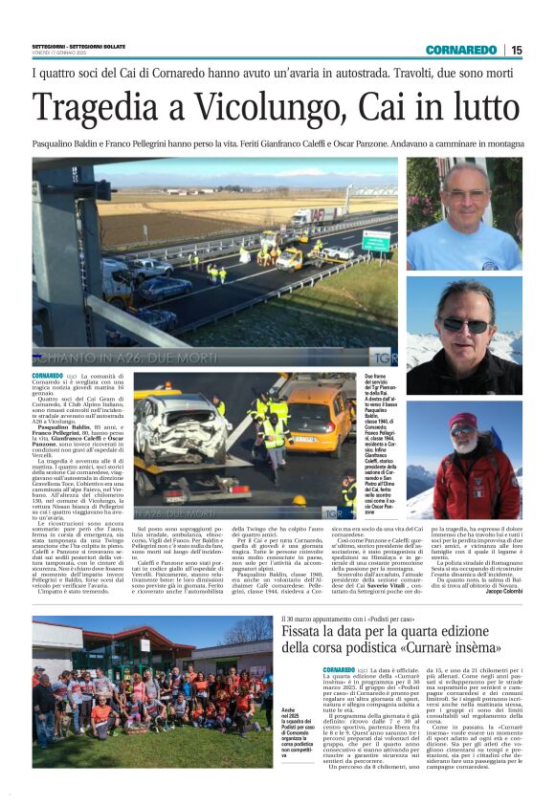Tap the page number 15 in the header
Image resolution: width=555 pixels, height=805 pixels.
[x=517, y=50]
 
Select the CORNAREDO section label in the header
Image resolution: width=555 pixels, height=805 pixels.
[x=461, y=50]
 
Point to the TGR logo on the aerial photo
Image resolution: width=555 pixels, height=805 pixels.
[x=377, y=353]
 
